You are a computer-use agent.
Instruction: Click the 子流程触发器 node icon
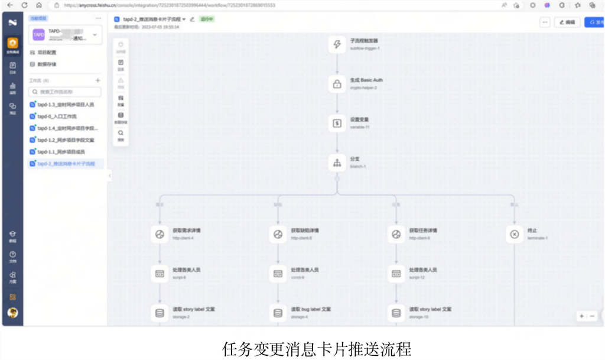337,44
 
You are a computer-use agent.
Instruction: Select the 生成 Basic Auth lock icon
337,84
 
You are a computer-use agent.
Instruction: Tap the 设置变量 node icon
337,123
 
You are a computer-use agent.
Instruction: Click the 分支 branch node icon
337,163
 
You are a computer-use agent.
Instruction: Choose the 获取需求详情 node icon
159,234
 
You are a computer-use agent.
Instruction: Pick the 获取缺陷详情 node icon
278,234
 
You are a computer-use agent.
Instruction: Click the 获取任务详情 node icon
396,234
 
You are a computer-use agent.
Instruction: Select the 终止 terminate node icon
514,234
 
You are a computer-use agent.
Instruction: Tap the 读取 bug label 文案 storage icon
278,313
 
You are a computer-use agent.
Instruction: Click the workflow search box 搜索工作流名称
66,92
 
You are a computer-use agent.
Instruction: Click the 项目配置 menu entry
47,53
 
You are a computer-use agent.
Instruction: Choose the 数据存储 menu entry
47,64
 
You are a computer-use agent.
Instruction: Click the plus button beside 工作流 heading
98,80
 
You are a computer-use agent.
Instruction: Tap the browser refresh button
25,5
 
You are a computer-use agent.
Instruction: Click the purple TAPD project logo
38,35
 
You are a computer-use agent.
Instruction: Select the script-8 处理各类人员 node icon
159,273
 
